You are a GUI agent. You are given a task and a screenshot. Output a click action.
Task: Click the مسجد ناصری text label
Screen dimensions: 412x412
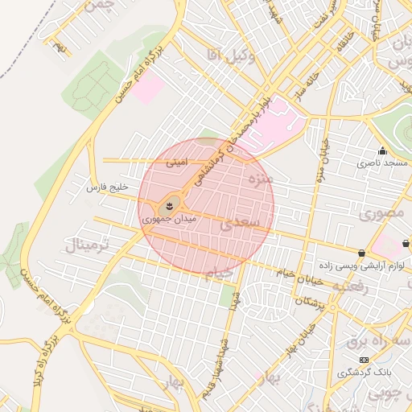pyautogui.click(x=384, y=163)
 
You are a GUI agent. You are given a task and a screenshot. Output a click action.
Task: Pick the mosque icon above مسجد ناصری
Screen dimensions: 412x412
pyautogui.click(x=383, y=150)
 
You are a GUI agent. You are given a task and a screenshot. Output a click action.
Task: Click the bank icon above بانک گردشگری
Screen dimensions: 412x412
pyautogui.click(x=364, y=360)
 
